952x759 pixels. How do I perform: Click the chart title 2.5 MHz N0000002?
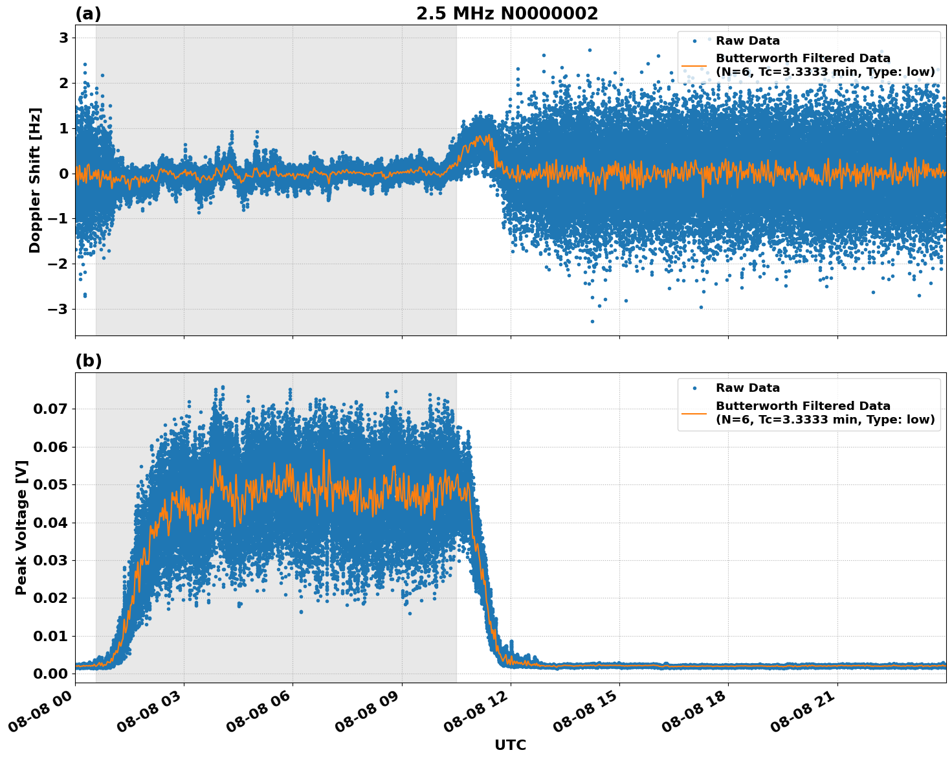pos(507,14)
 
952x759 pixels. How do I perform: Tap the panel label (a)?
pos(88,14)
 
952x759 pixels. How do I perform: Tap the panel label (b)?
pos(88,361)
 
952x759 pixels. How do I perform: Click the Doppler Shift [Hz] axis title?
pos(35,180)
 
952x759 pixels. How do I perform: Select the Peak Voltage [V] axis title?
pos(21,528)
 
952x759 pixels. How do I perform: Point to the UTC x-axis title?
pos(510,745)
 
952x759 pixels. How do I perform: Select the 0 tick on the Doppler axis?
pos(63,174)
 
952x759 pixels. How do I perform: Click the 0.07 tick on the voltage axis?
pos(50,409)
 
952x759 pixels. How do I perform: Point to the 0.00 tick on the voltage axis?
pos(50,674)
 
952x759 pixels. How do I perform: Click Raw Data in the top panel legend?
pos(747,41)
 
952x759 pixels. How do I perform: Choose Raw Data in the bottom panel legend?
pos(747,388)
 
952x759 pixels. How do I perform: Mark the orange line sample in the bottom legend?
pos(694,413)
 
